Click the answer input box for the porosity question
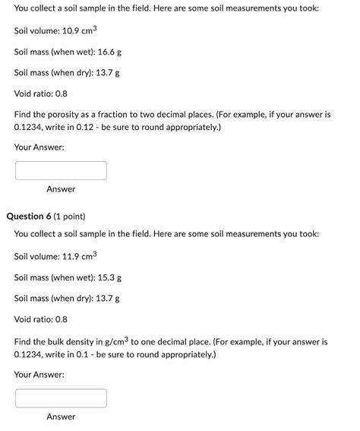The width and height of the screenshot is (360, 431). click(61, 170)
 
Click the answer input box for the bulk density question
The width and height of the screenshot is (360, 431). click(61, 398)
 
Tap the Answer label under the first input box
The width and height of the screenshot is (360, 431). click(61, 189)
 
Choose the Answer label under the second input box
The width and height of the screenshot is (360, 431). click(61, 417)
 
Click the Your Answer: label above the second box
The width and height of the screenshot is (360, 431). click(39, 375)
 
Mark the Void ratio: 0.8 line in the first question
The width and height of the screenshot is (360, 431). click(41, 94)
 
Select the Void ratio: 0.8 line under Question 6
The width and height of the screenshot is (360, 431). click(41, 320)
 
